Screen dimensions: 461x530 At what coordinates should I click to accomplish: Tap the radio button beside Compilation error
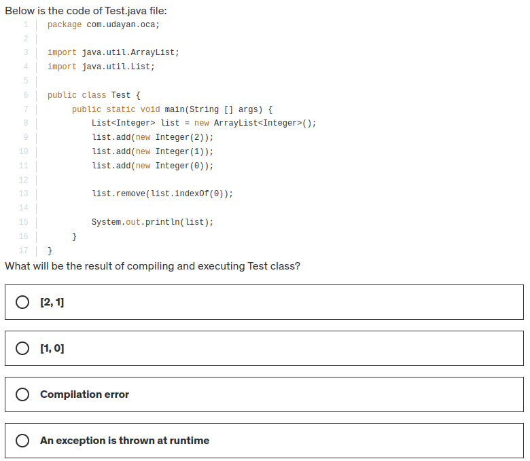(22, 394)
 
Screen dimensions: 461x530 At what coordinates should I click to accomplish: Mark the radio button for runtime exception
(22, 441)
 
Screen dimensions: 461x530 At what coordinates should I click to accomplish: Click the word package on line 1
(65, 24)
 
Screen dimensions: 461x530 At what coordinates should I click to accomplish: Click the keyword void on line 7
(150, 109)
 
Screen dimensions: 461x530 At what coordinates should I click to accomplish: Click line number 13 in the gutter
(24, 193)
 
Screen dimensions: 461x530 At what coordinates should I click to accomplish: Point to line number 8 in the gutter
(26, 123)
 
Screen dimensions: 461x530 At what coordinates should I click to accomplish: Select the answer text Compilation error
(84, 394)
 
